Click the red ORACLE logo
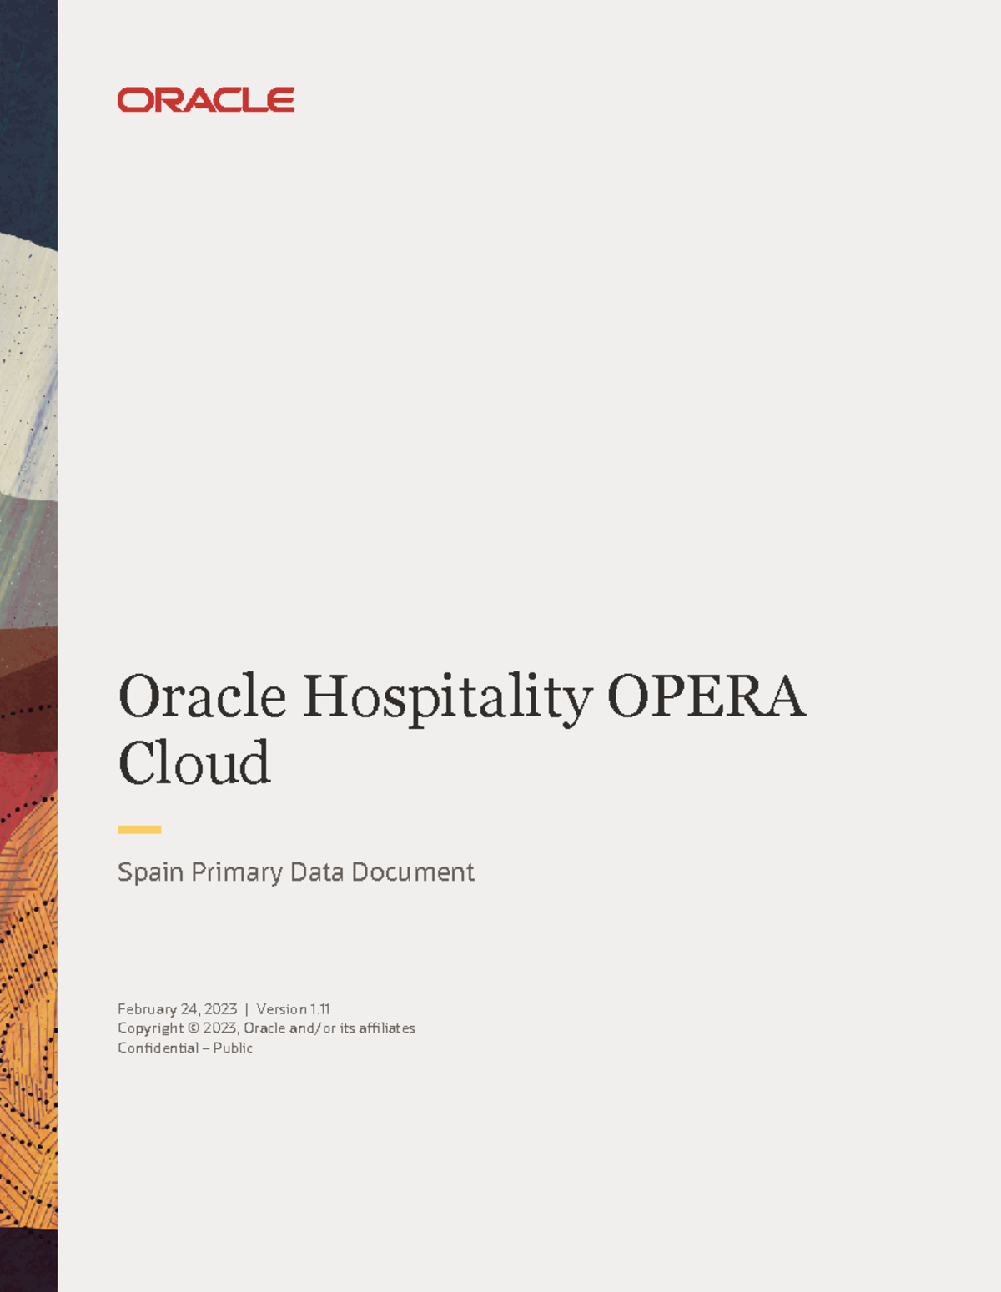[x=206, y=100]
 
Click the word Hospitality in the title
[x=447, y=697]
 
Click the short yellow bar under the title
[x=139, y=829]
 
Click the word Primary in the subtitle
[x=237, y=872]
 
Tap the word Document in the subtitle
[x=413, y=872]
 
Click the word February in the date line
[x=147, y=1009]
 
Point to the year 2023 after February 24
[x=221, y=1009]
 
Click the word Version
[x=281, y=1009]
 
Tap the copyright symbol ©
[x=194, y=1028]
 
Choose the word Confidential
[x=158, y=1048]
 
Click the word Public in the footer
[x=233, y=1048]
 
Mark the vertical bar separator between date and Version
[x=247, y=1009]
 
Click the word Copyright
[x=150, y=1028]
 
